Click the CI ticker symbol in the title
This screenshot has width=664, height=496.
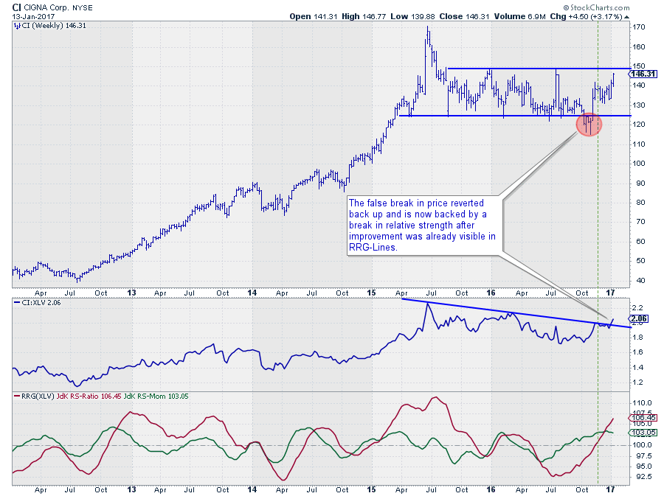pos(17,7)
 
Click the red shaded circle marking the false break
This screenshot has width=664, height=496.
pos(589,125)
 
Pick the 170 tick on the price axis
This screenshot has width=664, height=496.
pos(640,27)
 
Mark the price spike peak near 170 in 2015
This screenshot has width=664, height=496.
pos(429,28)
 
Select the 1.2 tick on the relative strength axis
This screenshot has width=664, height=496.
pos(639,382)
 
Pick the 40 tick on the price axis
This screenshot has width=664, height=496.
pos(639,280)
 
